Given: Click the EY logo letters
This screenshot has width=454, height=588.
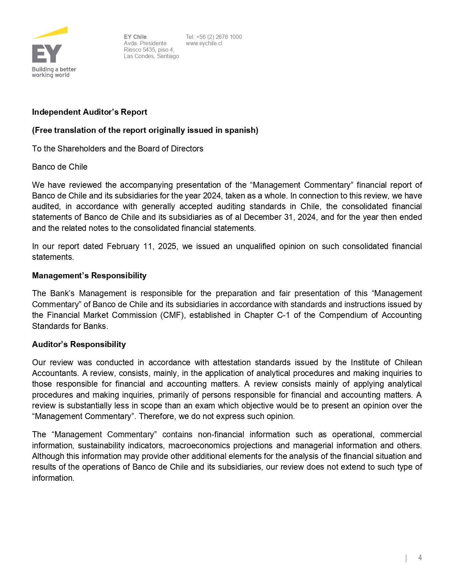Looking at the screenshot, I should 47,54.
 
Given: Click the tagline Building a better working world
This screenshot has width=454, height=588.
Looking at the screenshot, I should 54,72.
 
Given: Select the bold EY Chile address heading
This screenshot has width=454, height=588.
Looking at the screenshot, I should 135,37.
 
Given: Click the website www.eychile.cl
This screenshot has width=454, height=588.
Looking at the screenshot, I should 204,43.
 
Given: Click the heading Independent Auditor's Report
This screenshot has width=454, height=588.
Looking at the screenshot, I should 89,112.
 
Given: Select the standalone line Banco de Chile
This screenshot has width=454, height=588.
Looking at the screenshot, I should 59,167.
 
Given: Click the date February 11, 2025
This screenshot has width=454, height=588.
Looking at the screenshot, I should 141,246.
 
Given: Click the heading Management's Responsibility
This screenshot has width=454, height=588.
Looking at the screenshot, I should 89,275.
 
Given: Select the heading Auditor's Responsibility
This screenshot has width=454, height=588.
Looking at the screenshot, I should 79,344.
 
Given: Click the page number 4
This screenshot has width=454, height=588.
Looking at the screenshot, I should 420,558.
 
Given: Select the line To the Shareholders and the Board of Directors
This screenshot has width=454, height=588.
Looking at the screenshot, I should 118,149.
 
